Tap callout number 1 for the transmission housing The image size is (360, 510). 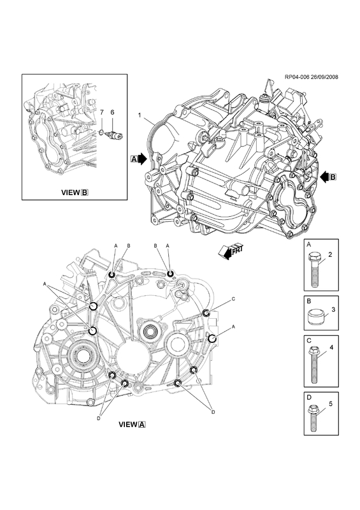[139, 115]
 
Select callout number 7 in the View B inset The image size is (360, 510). [101, 113]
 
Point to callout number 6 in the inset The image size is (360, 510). [113, 113]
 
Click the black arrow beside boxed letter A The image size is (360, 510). [143, 159]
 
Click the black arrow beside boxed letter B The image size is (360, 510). [324, 177]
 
